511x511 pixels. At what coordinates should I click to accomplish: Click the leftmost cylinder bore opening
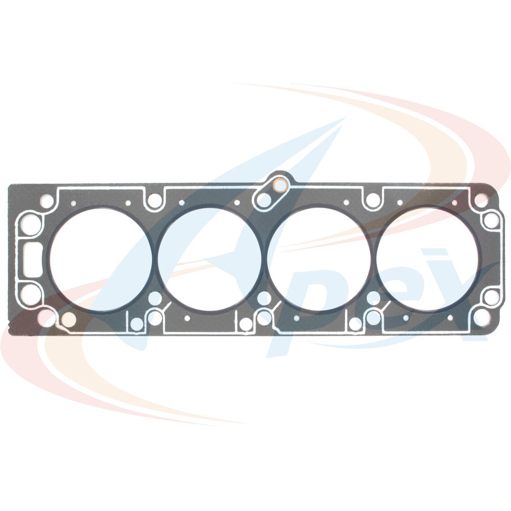pos(101,260)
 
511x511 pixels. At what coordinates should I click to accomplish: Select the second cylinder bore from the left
pos(210,260)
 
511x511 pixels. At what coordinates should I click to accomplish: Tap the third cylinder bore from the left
pos(319,260)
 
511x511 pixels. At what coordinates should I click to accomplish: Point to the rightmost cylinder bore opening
pos(428,260)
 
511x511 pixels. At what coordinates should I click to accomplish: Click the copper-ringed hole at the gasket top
pos(280,185)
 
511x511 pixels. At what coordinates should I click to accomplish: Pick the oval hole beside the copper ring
pos(264,200)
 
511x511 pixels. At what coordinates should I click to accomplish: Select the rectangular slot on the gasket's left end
pos(33,260)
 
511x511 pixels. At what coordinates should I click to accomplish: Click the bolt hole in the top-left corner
pos(47,201)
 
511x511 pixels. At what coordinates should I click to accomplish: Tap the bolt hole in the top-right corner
pos(481,200)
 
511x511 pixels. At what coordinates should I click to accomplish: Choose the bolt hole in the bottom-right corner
pos(482,317)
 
